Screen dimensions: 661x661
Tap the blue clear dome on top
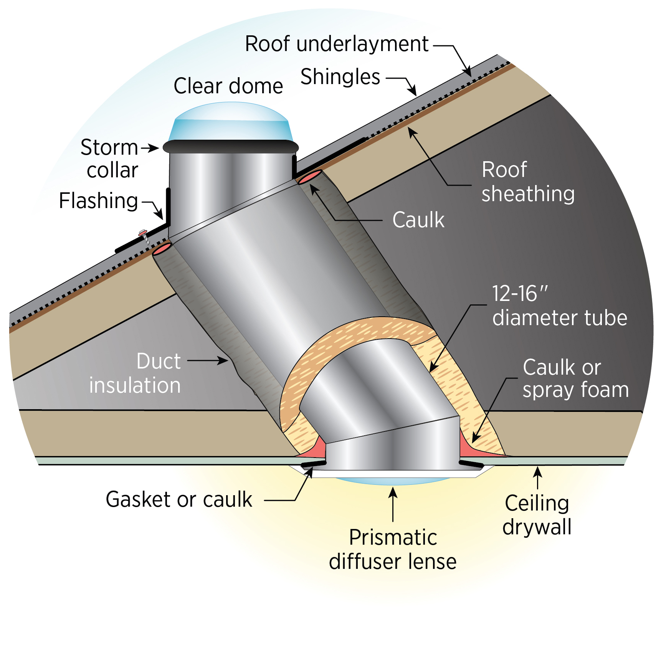(231, 121)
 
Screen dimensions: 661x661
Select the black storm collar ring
(231, 147)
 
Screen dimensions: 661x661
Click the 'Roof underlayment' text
(337, 44)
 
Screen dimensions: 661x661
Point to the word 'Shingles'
(340, 77)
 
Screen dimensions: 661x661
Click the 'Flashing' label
(98, 200)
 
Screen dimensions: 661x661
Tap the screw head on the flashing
(142, 232)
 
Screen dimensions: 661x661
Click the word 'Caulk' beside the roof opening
(418, 220)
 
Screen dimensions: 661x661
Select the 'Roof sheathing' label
(527, 182)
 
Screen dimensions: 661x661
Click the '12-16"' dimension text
(519, 294)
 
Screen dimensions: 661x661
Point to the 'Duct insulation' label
(135, 373)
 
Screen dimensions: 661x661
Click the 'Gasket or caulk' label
(179, 499)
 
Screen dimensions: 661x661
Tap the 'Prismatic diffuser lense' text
(393, 549)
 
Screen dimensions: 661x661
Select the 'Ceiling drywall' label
(537, 515)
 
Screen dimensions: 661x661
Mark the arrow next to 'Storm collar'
(150, 148)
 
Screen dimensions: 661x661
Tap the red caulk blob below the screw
(162, 249)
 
